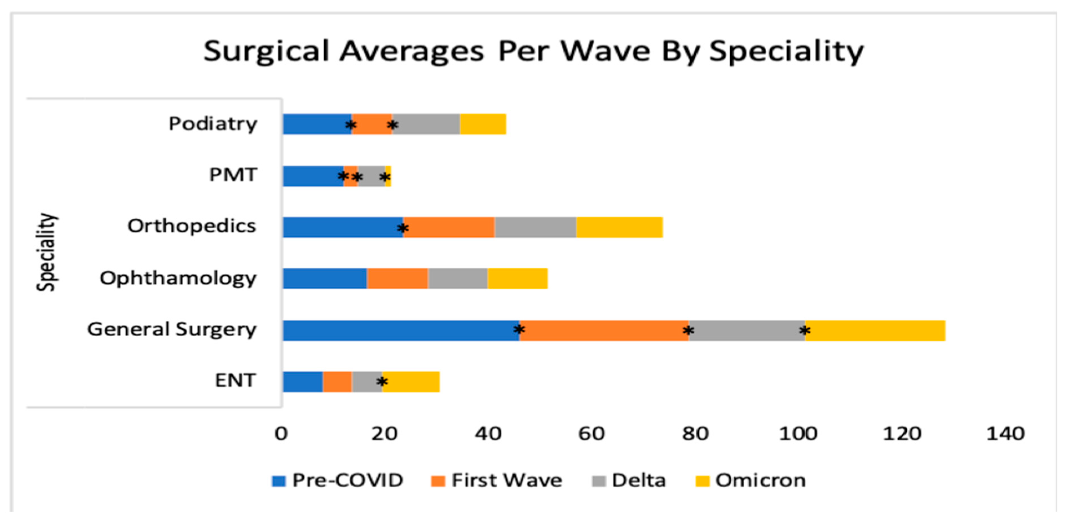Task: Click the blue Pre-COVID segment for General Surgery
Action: (x=401, y=331)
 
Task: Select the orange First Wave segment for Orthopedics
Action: (x=449, y=227)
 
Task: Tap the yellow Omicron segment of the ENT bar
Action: (x=411, y=382)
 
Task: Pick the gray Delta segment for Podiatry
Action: (x=426, y=124)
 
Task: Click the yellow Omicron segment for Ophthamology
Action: (x=518, y=278)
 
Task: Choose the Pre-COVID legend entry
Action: (x=337, y=481)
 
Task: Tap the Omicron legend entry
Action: (x=751, y=481)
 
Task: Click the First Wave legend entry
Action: (x=497, y=481)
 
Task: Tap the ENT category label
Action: (x=235, y=380)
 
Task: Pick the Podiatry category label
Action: (x=213, y=124)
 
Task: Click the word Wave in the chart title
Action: (x=605, y=52)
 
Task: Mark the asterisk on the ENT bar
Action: (x=382, y=382)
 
